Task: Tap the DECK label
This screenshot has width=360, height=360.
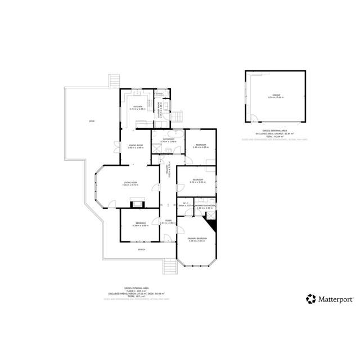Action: coord(91,121)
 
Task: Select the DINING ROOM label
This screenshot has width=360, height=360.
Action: coord(135,146)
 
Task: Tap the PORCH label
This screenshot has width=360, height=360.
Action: coord(142,249)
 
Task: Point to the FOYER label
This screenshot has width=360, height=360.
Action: coord(168,220)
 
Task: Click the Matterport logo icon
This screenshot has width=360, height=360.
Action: coord(310,299)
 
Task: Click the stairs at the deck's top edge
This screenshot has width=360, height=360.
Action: coord(115,80)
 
